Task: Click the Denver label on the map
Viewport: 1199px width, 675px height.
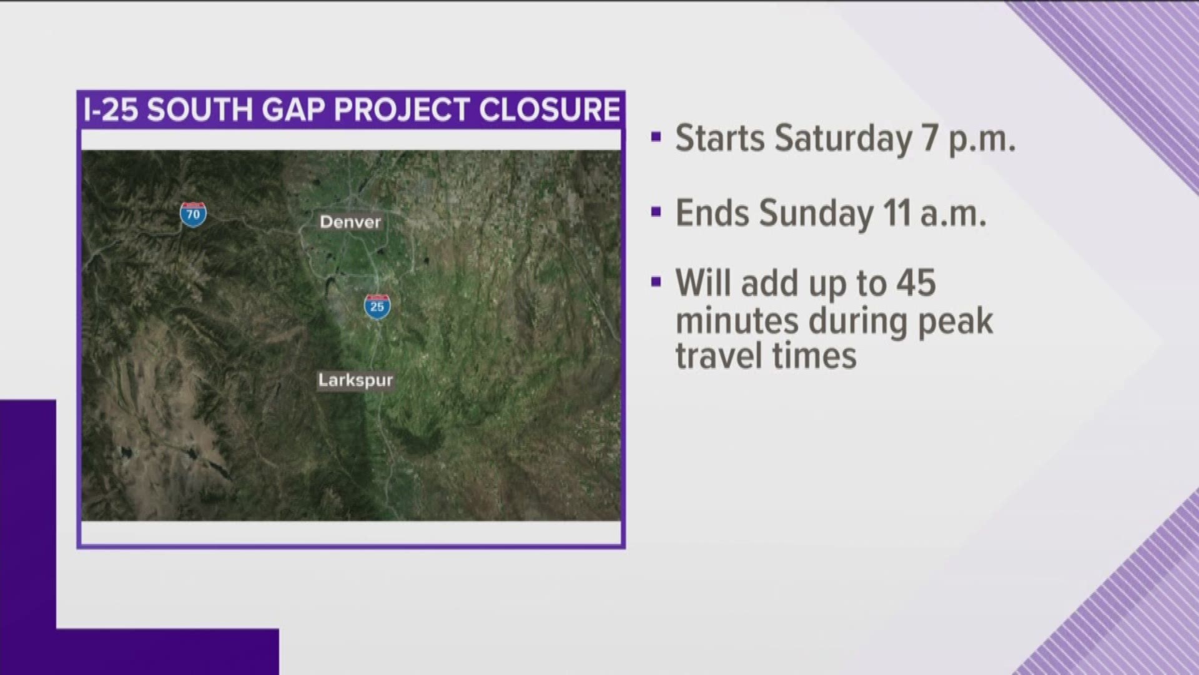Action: coord(350,222)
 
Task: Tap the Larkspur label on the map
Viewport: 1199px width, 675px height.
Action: coord(355,380)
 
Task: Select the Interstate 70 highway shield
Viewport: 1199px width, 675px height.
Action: coord(193,214)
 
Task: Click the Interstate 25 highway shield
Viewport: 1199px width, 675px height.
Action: coord(377,306)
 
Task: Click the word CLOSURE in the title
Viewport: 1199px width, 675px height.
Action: coord(550,110)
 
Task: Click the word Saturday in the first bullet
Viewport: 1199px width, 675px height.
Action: coord(842,139)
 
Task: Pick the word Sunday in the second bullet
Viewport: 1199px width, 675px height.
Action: coord(816,214)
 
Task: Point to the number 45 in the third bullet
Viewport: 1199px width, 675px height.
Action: coord(915,284)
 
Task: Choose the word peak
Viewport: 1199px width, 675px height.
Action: coord(955,322)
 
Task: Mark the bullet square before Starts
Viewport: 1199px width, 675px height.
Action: coord(655,137)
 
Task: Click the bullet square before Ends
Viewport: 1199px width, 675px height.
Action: coord(655,212)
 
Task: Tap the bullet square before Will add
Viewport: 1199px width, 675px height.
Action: coord(655,282)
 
